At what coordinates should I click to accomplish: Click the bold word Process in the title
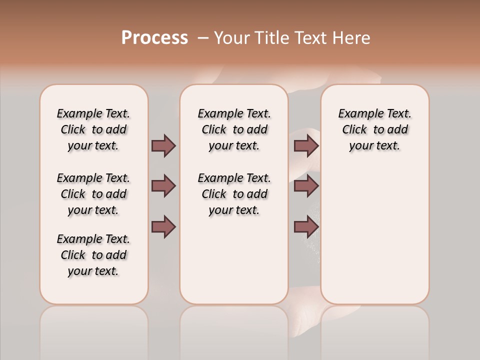click(x=154, y=38)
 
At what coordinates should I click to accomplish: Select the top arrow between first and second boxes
click(x=163, y=145)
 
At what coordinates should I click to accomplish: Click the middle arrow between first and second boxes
click(x=163, y=186)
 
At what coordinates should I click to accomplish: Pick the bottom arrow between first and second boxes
click(x=163, y=227)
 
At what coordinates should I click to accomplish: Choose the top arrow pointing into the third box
click(x=306, y=145)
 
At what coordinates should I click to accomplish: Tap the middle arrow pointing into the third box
click(x=306, y=186)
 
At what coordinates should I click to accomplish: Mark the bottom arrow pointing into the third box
click(x=306, y=227)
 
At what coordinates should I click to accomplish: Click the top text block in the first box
click(x=93, y=129)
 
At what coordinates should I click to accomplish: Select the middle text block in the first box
click(x=93, y=194)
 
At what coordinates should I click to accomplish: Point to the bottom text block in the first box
click(x=93, y=255)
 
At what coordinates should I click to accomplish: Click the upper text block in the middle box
click(x=234, y=129)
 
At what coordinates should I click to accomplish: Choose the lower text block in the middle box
click(x=234, y=194)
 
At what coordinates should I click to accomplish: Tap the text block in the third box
click(x=374, y=129)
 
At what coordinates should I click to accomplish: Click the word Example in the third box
click(x=358, y=114)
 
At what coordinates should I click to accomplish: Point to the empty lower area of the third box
click(x=374, y=230)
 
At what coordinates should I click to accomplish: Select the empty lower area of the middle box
click(x=234, y=260)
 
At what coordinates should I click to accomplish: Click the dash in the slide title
click(x=203, y=38)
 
